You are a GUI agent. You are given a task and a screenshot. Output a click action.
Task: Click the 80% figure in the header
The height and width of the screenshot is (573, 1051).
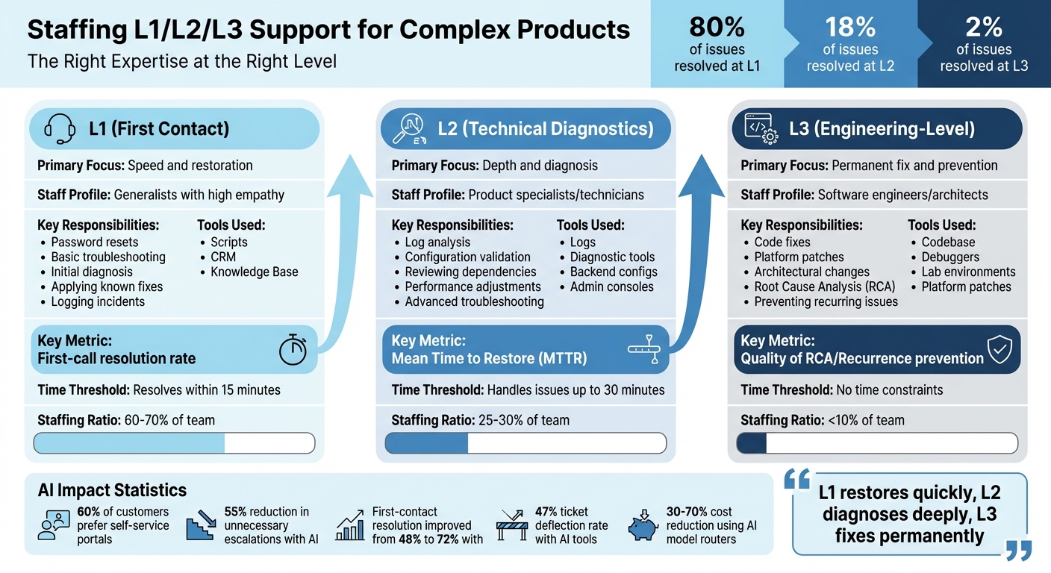[x=717, y=27]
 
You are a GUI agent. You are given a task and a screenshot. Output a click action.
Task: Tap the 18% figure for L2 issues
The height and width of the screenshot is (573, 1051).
[x=849, y=27]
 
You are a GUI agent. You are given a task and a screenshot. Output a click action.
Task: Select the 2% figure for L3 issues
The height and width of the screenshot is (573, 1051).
[x=983, y=27]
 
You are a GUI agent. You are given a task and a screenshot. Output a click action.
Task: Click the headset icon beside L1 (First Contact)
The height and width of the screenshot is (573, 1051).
[x=60, y=130]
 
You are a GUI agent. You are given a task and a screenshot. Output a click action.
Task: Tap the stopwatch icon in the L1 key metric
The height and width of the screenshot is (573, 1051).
[x=292, y=350]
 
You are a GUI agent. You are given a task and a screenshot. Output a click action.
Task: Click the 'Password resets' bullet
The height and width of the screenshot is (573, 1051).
[x=94, y=242]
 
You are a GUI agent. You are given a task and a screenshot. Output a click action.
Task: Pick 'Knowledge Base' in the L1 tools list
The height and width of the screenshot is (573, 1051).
[x=254, y=272]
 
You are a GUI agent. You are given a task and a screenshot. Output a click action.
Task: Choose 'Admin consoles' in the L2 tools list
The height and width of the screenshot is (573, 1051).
[x=611, y=287]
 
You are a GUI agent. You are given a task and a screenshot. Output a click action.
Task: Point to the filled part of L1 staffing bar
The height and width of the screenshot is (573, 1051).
[x=129, y=443]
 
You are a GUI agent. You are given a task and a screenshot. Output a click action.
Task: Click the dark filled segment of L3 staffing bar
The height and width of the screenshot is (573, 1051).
[x=752, y=443]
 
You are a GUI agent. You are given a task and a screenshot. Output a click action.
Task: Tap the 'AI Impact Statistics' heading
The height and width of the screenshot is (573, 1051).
[x=112, y=490]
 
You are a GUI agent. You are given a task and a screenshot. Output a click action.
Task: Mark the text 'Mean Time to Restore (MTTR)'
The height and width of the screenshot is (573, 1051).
[x=489, y=359]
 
